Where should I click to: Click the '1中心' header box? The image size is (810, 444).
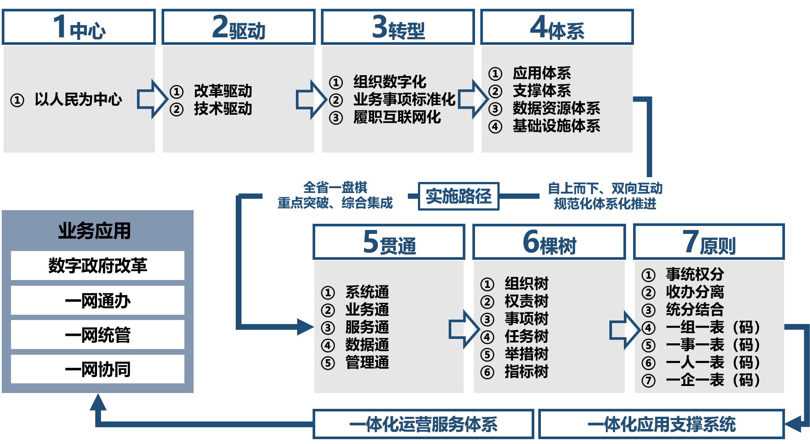click(x=79, y=27)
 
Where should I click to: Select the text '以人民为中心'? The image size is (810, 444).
click(x=78, y=99)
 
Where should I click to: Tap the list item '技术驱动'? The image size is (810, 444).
click(x=223, y=109)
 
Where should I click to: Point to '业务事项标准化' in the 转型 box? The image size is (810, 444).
click(x=404, y=99)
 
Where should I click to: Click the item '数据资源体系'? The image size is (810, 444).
click(x=556, y=108)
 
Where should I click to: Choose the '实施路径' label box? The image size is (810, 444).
click(x=458, y=196)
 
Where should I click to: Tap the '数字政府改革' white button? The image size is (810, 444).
click(x=97, y=266)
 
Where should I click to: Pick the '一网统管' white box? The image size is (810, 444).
click(x=97, y=335)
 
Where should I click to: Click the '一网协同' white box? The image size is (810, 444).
click(x=97, y=369)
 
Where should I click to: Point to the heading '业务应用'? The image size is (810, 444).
click(x=94, y=231)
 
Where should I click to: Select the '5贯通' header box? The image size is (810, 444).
click(x=389, y=242)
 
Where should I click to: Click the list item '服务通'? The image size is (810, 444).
click(x=367, y=328)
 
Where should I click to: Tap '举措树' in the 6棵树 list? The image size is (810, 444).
click(x=526, y=354)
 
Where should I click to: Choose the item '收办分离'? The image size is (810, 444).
click(x=695, y=292)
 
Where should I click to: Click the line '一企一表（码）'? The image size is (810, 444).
click(x=713, y=380)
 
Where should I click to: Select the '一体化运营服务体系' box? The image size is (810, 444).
click(x=423, y=424)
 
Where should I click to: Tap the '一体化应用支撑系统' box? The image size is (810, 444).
click(x=661, y=424)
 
